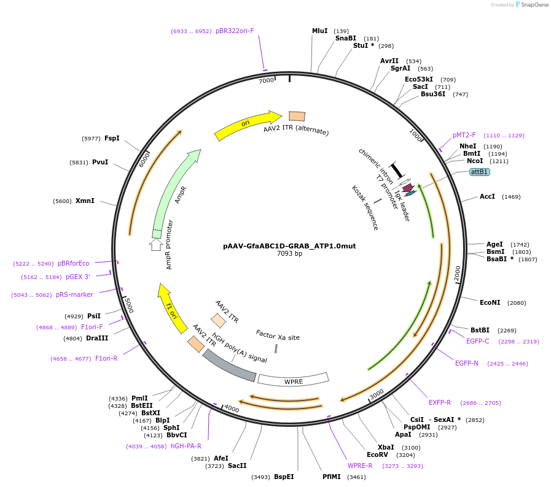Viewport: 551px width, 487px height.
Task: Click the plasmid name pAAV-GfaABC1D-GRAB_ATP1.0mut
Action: [x=289, y=246]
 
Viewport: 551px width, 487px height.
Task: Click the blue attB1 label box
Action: [x=479, y=172]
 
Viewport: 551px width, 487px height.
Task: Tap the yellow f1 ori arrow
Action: [x=172, y=307]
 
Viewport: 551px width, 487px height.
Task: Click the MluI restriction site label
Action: [x=320, y=31]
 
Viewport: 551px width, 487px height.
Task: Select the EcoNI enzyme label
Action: [x=490, y=302]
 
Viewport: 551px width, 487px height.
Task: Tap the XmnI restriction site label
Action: [x=85, y=201]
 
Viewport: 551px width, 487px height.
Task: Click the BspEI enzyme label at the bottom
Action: [x=284, y=477]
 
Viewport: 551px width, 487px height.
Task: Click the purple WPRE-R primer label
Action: [x=360, y=466]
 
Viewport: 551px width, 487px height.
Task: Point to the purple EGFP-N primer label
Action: [x=466, y=363]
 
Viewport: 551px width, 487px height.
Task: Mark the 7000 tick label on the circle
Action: [x=266, y=80]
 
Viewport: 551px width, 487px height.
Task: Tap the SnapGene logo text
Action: [x=533, y=5]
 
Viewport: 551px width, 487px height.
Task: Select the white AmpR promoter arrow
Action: [x=156, y=244]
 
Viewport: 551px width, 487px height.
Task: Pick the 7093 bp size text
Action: [x=289, y=254]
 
